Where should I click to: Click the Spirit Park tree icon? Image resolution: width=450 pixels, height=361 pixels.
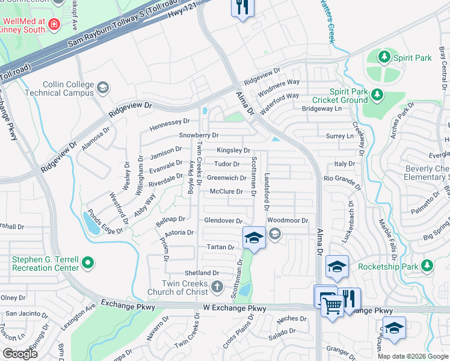coord(384,58)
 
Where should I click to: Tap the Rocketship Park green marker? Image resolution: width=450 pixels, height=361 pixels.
coord(427,265)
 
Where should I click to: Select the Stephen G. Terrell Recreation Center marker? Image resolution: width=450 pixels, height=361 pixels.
coord(88,262)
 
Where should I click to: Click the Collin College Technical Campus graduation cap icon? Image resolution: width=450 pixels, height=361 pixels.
coord(102,88)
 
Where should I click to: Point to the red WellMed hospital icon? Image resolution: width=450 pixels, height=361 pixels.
coord(54,24)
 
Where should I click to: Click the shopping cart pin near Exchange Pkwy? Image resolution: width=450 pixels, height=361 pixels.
coord(331,304)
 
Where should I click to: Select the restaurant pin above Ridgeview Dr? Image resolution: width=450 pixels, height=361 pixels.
coord(242,8)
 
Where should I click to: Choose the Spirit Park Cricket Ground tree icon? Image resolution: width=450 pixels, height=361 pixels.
coord(377,94)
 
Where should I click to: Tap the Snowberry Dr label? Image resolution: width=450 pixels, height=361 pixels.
coord(198,135)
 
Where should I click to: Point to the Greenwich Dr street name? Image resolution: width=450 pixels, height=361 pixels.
coord(226,178)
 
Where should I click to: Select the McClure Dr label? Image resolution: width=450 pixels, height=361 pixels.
coord(226,192)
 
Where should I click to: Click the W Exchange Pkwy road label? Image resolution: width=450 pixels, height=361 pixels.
coord(234,309)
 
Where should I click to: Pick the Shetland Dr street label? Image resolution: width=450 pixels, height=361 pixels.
coord(202,273)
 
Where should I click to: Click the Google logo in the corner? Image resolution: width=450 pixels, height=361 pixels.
coord(20,354)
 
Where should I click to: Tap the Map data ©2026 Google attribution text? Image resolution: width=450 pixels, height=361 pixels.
coord(413,356)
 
